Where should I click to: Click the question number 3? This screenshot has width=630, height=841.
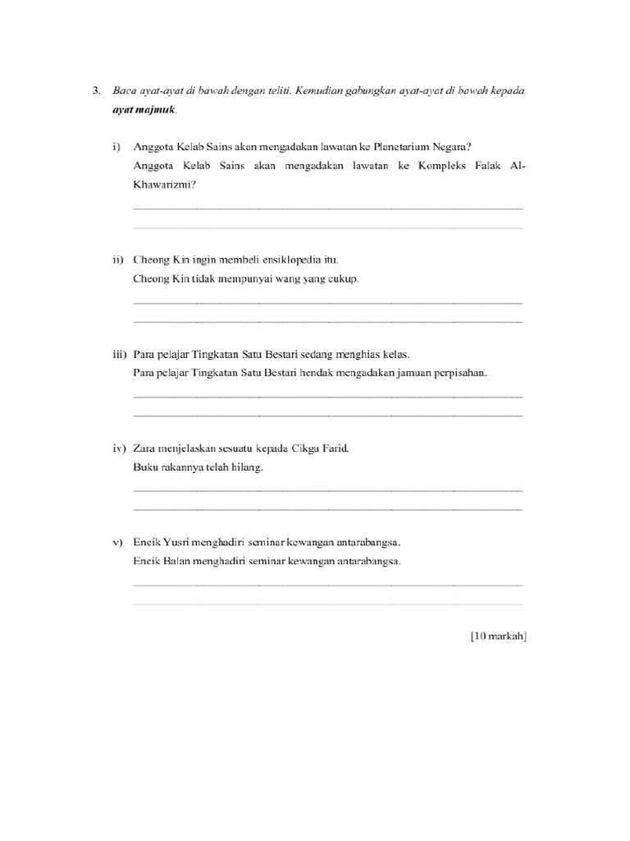click(x=96, y=91)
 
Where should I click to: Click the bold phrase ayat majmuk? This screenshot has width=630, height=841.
click(x=144, y=109)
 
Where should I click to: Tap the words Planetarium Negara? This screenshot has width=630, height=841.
click(x=419, y=148)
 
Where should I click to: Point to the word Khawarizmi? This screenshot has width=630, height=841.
click(x=163, y=185)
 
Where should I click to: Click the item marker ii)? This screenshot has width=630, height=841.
click(x=118, y=260)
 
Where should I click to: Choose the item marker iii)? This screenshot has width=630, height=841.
click(x=119, y=354)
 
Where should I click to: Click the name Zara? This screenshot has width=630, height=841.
click(x=144, y=448)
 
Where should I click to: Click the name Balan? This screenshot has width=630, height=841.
click(x=177, y=562)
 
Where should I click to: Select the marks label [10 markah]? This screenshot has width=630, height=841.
click(x=498, y=636)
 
